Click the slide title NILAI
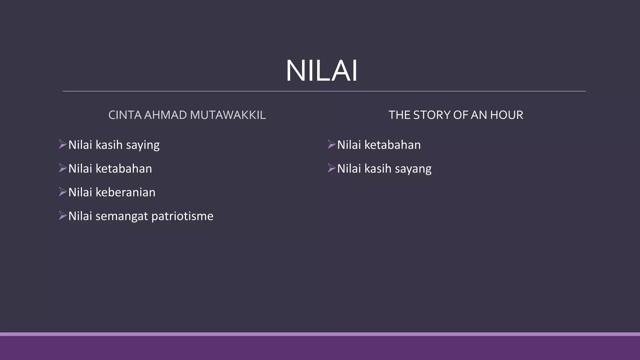tap(322, 71)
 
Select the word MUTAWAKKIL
tap(228, 115)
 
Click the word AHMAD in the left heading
tap(165, 115)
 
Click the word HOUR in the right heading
tap(507, 115)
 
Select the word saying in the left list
tap(143, 145)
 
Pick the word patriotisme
tap(182, 216)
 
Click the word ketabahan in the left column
tap(124, 169)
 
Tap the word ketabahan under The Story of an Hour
tap(392, 145)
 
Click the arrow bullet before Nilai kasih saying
tap(63, 144)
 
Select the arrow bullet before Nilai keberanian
tap(63, 192)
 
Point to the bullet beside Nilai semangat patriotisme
tap(63, 216)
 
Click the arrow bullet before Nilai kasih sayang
tap(332, 168)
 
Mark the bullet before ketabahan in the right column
tap(332, 144)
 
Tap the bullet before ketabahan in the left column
tap(63, 168)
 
